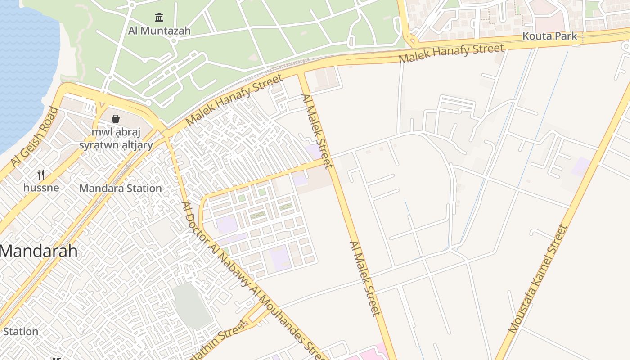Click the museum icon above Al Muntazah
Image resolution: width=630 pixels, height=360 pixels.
pyautogui.click(x=159, y=18)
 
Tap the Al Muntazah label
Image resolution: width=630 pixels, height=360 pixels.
pyautogui.click(x=159, y=31)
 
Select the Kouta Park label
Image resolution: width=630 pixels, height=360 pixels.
pyautogui.click(x=549, y=36)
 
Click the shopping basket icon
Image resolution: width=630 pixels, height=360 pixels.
pyautogui.click(x=116, y=119)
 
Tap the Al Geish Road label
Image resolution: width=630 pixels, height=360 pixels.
pyautogui.click(x=35, y=137)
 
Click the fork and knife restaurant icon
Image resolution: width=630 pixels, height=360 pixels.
pyautogui.click(x=40, y=174)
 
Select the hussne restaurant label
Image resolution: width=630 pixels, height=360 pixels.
pyautogui.click(x=40, y=187)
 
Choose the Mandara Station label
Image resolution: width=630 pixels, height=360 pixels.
pyautogui.click(x=120, y=189)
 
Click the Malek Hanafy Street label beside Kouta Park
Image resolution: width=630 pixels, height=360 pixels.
pyautogui.click(x=451, y=54)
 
